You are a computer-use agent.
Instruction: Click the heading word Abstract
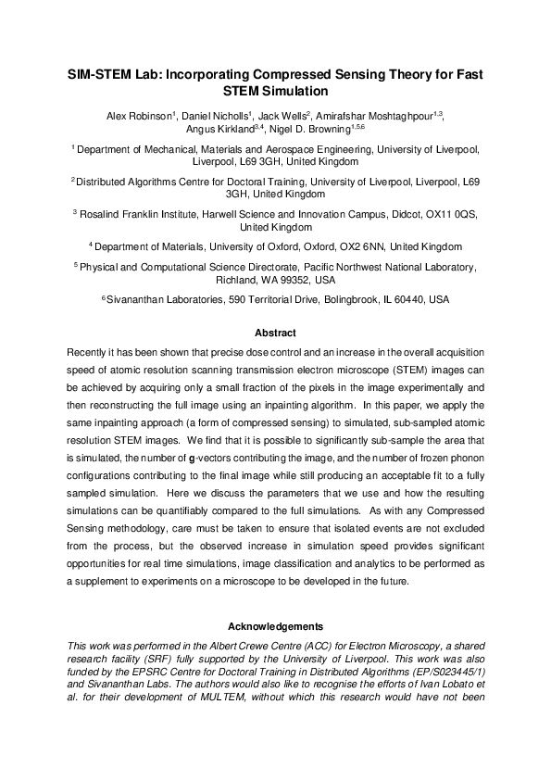click(x=275, y=333)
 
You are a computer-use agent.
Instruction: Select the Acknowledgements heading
click(x=275, y=626)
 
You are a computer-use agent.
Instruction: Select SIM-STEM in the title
click(x=101, y=74)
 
